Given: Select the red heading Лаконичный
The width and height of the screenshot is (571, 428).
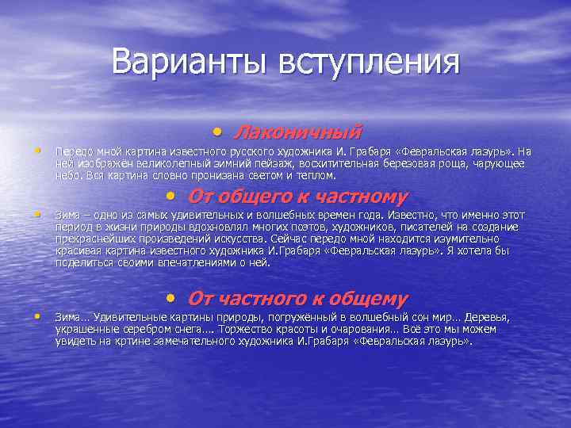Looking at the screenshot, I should tap(297, 131).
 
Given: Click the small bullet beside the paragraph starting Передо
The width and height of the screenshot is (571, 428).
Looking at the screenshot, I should tap(36, 149).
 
